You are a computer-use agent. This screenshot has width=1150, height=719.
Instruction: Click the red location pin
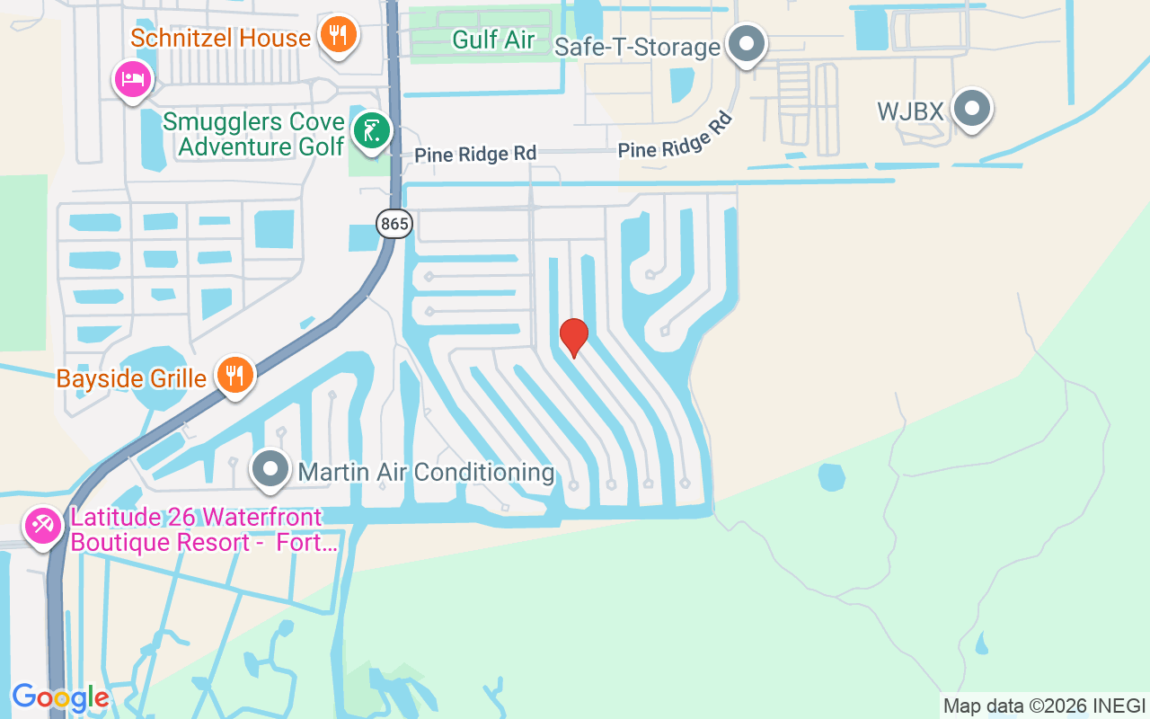(573, 337)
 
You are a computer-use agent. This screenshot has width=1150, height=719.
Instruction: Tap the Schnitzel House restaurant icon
(338, 35)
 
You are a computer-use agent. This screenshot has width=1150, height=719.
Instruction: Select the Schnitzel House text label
(220, 38)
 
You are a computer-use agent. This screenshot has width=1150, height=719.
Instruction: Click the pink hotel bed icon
(133, 79)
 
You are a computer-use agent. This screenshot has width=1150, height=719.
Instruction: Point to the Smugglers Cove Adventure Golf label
(253, 134)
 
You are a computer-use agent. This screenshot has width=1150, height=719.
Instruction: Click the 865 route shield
(394, 223)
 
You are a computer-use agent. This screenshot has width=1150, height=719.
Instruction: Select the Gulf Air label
(493, 40)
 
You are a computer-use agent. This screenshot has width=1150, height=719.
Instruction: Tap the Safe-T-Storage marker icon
(746, 42)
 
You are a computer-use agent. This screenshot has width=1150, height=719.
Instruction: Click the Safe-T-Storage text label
(637, 47)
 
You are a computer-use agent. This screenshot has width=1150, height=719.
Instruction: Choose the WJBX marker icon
(970, 109)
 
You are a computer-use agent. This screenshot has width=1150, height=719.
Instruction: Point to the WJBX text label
(910, 111)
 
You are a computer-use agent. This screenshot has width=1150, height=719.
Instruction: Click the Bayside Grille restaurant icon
(234, 374)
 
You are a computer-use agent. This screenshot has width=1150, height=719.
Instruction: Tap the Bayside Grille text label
(131, 378)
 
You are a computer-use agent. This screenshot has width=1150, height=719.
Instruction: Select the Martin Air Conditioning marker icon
(270, 469)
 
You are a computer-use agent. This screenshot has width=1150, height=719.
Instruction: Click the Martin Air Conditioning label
(426, 472)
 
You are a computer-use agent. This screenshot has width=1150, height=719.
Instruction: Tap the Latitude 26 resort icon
(42, 526)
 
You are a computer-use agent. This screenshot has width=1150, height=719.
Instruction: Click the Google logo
(60, 697)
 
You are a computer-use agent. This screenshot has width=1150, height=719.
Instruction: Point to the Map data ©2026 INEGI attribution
(1044, 706)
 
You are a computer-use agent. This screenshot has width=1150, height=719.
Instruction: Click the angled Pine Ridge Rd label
(676, 137)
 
